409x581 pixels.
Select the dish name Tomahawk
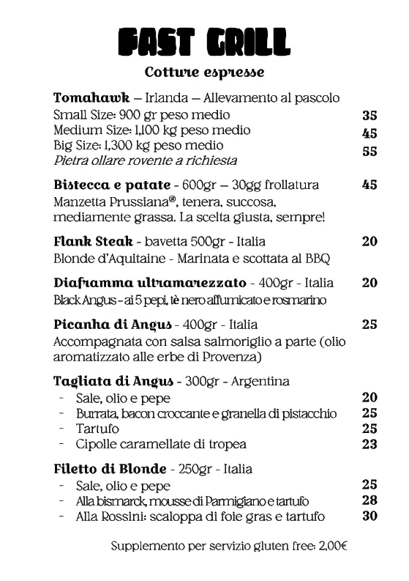tap(92, 98)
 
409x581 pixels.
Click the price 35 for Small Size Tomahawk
tap(369, 116)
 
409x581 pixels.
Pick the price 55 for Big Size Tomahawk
tap(369, 152)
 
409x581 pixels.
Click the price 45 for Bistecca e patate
tap(369, 185)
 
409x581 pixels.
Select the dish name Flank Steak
tap(94, 241)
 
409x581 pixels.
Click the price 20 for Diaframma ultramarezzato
tap(369, 283)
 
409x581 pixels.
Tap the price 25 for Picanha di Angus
tap(369, 324)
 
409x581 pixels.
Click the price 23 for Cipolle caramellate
tap(369, 444)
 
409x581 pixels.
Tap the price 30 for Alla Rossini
tap(369, 517)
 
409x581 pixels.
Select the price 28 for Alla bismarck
tap(369, 500)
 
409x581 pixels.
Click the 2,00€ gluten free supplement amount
tap(333, 546)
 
